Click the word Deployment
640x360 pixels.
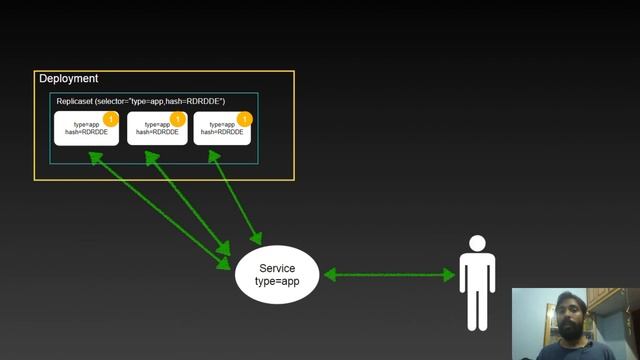[x=68, y=79]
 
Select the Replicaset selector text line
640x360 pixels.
[x=140, y=102]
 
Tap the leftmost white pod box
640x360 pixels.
[x=86, y=129]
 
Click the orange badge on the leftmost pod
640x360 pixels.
[x=111, y=119]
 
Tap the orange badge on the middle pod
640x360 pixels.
[x=178, y=119]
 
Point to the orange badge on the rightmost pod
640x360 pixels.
[x=244, y=119]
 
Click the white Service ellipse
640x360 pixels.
[x=277, y=275]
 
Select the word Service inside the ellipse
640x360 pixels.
[x=277, y=268]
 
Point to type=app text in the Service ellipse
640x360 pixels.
[x=277, y=283]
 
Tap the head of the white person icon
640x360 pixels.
[x=477, y=243]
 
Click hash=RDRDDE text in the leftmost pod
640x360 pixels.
[x=86, y=133]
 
